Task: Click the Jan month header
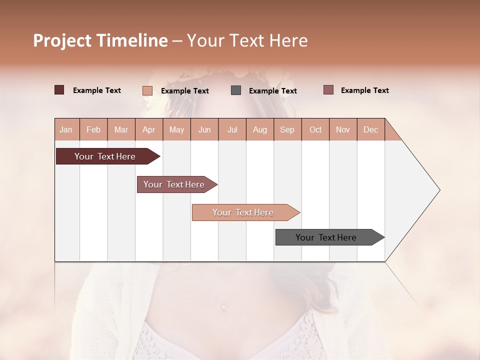66,129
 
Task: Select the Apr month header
148,129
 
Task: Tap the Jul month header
232,129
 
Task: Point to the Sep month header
287,129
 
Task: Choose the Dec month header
370,129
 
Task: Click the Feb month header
93,129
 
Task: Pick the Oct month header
315,129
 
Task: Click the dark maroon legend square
59,90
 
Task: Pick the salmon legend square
147,90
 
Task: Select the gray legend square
236,90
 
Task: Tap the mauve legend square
328,90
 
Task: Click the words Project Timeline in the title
100,40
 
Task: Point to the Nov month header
343,129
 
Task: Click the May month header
176,129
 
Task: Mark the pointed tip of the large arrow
439,190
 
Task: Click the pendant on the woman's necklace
223,306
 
